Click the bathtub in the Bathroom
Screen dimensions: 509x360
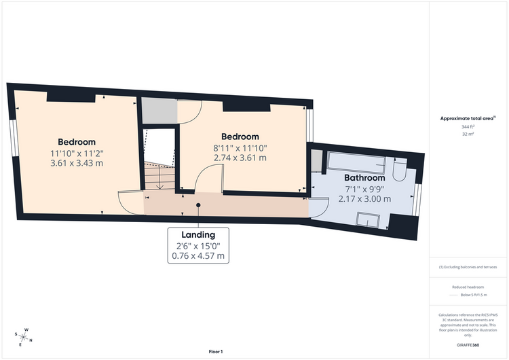click(x=356, y=163)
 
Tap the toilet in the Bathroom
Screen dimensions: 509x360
click(x=400, y=169)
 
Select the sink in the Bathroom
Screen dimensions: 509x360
click(x=368, y=219)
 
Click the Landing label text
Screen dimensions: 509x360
click(x=198, y=234)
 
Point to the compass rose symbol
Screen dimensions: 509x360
click(x=23, y=337)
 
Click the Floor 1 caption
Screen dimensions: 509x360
click(x=216, y=352)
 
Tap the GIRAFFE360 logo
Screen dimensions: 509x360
click(x=468, y=345)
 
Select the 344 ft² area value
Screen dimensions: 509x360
click(x=468, y=127)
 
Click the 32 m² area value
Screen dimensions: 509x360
click(x=468, y=134)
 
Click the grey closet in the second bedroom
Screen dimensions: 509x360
click(x=159, y=110)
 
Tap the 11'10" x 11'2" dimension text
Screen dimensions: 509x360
click(x=77, y=153)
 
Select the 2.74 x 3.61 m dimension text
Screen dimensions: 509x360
click(x=240, y=158)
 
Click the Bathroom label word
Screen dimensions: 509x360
click(x=364, y=178)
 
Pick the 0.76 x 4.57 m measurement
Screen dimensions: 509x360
click(x=198, y=255)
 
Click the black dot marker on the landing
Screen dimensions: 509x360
click(x=198, y=205)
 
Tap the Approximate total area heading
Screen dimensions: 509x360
click(x=468, y=119)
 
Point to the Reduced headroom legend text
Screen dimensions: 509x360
click(x=468, y=287)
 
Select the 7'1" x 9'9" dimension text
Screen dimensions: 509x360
click(x=364, y=189)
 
